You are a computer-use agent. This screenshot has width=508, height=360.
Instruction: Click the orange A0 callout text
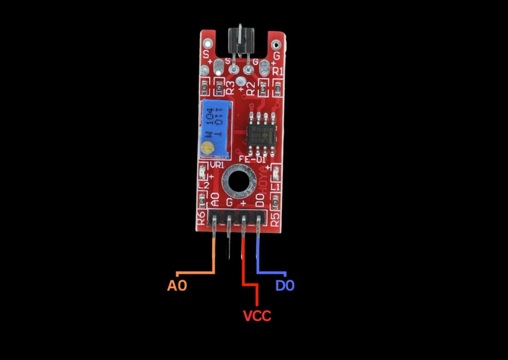(177, 285)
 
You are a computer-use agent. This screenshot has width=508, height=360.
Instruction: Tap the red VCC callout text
(257, 315)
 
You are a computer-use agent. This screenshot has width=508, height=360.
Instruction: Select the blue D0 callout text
(285, 285)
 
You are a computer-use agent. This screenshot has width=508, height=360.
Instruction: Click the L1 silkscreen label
(276, 187)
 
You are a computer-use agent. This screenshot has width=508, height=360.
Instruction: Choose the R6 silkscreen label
(201, 218)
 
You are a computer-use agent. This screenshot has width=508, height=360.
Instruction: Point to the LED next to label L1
(276, 171)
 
